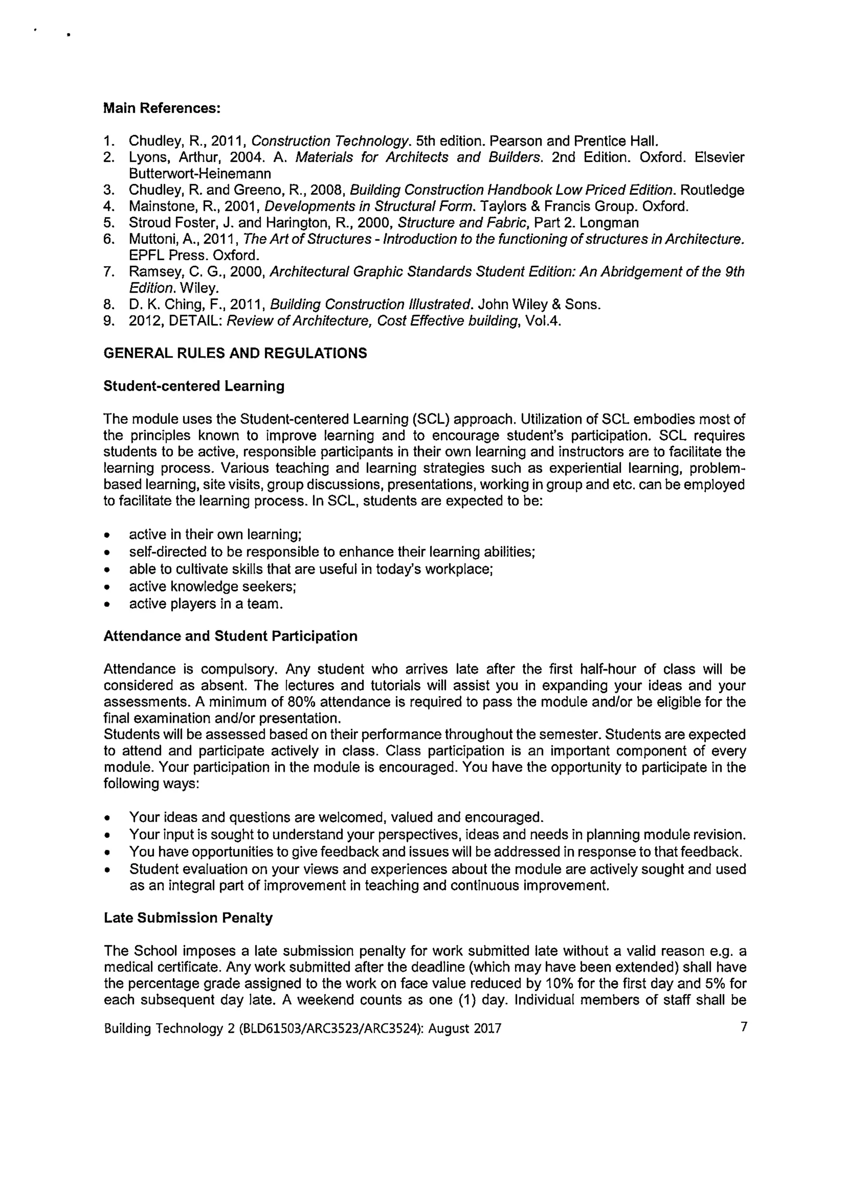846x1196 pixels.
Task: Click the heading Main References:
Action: [x=162, y=108]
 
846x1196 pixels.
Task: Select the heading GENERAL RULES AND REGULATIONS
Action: [x=235, y=354]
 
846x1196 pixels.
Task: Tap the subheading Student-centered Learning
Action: [x=194, y=386]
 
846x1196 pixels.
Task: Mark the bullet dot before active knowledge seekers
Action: [x=107, y=587]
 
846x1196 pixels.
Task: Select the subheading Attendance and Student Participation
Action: [x=231, y=637]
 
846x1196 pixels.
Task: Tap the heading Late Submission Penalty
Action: [x=188, y=918]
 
